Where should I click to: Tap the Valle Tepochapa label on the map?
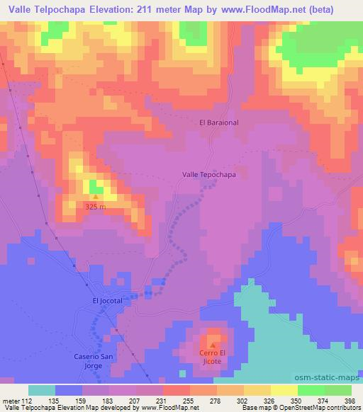(x=209, y=173)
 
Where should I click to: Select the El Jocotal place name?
(x=108, y=300)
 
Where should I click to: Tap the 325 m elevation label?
(x=94, y=207)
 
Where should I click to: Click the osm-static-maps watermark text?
(x=331, y=378)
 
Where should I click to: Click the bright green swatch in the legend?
(x=311, y=390)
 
